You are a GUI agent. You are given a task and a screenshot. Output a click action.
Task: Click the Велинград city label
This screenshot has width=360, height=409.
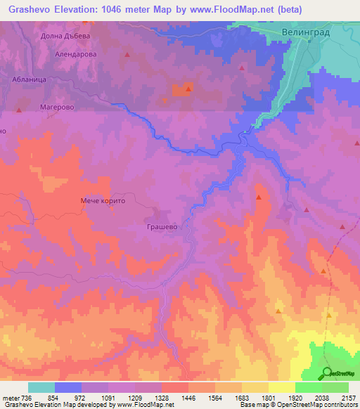pyautogui.click(x=309, y=32)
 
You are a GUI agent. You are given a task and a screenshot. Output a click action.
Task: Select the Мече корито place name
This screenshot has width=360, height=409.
pyautogui.click(x=102, y=200)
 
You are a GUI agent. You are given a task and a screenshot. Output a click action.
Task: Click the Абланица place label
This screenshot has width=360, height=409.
pyautogui.click(x=30, y=81)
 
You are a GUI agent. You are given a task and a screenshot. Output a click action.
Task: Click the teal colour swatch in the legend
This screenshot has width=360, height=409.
pyautogui.click(x=41, y=387)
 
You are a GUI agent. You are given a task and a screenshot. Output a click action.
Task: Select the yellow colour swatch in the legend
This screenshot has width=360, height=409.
pyautogui.click(x=282, y=387)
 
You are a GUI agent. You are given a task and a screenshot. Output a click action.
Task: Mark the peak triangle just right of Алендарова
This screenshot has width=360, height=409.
pyautogui.click(x=127, y=54)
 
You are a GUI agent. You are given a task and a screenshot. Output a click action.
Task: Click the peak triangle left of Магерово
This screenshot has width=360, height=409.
pyautogui.click(x=19, y=110)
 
